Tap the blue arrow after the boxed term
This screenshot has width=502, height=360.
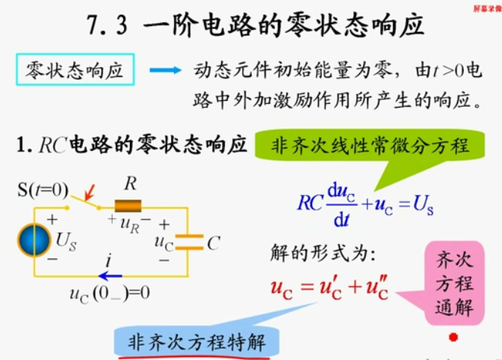pos(165,71)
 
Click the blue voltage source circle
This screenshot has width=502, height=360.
pos(34,240)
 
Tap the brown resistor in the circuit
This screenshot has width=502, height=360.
pos(128,206)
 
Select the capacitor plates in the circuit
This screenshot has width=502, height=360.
pos(189,241)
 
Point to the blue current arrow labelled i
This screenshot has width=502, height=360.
pos(109,276)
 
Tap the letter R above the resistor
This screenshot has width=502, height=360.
pos(130,184)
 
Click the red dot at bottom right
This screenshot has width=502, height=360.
pos(452,338)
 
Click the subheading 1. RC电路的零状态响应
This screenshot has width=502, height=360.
pos(131,145)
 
